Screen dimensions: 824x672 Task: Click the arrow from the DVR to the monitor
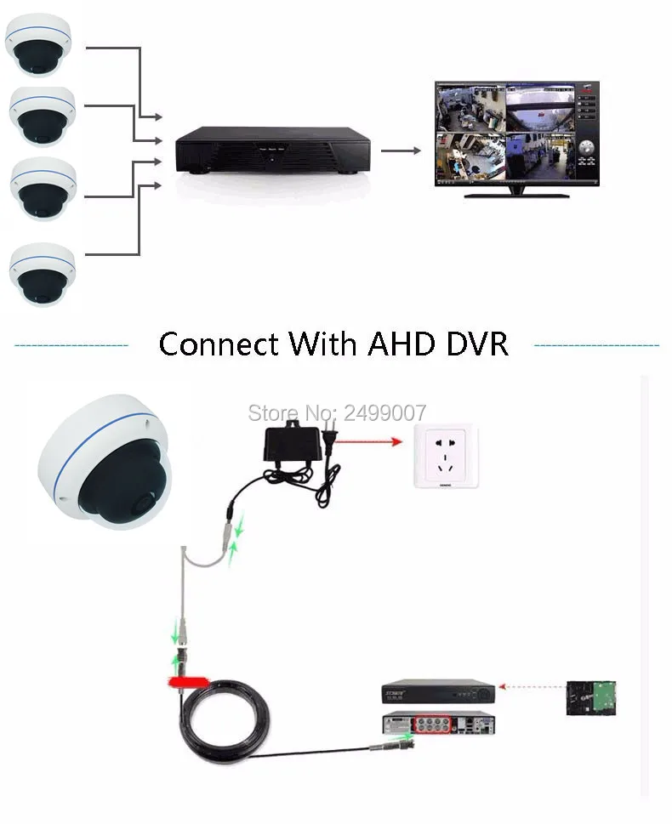pos(401,151)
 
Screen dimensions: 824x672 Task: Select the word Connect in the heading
pos(219,344)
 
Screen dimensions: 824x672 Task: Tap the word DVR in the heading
pos(477,344)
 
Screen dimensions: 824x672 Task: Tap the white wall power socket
pos(446,457)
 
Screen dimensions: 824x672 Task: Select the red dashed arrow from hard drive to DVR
pos(532,684)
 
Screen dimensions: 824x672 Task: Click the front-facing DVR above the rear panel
pos(436,690)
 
